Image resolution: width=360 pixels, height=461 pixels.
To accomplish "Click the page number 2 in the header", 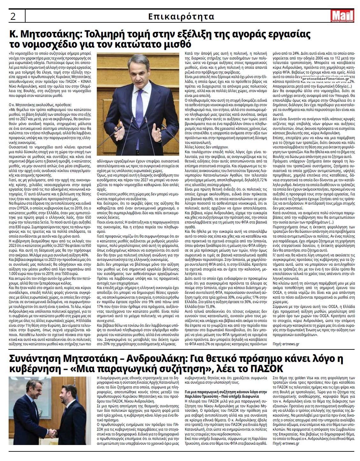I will click(13, 16).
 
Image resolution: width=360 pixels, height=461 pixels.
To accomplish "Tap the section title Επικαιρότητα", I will click(181, 16).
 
